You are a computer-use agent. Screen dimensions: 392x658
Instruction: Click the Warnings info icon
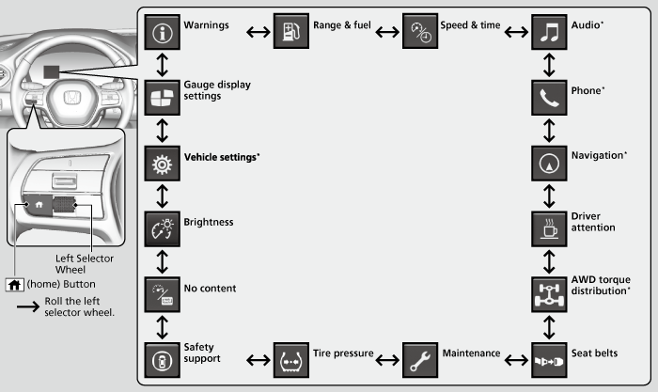[162, 33]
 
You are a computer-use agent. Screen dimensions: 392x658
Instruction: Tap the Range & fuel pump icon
[290, 33]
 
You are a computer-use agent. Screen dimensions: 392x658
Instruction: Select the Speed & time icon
[418, 33]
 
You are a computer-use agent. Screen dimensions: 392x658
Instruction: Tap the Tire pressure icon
[290, 357]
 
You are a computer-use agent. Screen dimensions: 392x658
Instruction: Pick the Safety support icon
[162, 357]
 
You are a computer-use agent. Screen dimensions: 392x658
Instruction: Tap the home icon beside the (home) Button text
[15, 283]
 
